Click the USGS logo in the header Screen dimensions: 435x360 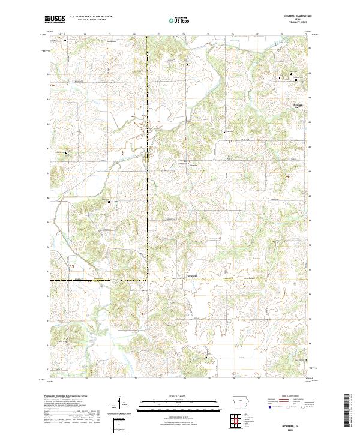[55, 19]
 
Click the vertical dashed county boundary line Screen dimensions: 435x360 [147, 180]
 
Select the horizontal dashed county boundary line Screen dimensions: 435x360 [180, 280]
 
